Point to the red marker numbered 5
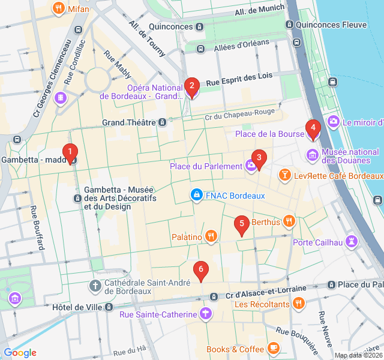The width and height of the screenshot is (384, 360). (x=241, y=226)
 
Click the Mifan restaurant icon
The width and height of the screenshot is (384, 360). (x=58, y=8)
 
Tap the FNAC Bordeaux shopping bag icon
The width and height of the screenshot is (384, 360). (x=196, y=195)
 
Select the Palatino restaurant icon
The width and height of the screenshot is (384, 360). (x=211, y=236)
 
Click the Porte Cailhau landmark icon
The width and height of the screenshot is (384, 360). (x=352, y=242)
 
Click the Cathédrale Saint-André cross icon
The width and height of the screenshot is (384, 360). (x=95, y=285)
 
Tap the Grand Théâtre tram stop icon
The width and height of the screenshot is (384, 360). (x=162, y=122)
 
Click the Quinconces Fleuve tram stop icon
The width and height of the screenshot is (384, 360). (x=290, y=25)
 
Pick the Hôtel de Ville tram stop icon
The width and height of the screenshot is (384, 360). (x=109, y=307)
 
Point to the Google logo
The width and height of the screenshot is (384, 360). (x=20, y=353)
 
